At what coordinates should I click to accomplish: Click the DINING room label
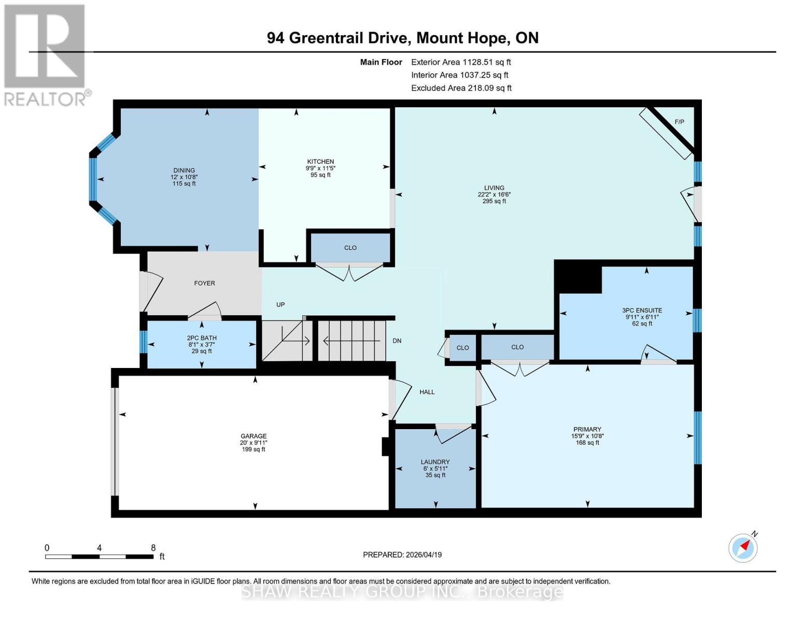point(184,171)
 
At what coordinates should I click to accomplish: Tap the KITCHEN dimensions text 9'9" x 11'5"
point(320,168)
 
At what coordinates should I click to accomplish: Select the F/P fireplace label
point(679,122)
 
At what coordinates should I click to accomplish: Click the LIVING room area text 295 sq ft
point(494,201)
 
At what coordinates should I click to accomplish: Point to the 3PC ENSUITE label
point(642,310)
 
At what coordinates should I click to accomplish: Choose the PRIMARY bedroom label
point(587,429)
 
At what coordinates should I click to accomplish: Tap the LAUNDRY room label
point(435,462)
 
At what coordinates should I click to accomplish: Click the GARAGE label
point(253,436)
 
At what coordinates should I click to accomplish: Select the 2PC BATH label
point(202,338)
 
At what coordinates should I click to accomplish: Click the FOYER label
point(204,283)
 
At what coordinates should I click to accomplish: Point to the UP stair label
point(280,305)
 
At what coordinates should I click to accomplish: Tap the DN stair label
point(397,341)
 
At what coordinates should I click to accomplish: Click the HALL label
point(427,392)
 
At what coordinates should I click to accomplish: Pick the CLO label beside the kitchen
point(350,248)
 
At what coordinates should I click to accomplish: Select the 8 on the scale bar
point(153,547)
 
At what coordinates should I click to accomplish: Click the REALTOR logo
point(46,54)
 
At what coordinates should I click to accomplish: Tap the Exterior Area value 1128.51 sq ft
point(487,62)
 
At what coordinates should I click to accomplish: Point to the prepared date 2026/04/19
point(423,555)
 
